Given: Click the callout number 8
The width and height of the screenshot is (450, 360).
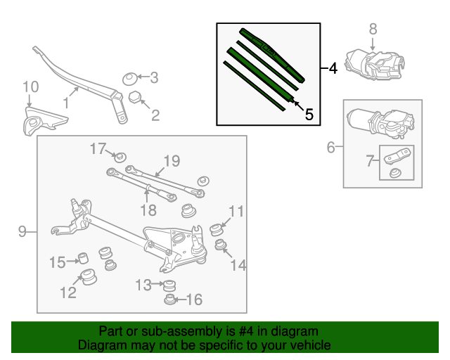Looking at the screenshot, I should click(373, 29).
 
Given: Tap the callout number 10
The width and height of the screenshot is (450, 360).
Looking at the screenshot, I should click(30, 87).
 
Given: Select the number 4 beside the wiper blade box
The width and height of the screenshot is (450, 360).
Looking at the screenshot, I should click(333, 68).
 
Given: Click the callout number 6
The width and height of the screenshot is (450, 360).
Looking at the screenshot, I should click(330, 148).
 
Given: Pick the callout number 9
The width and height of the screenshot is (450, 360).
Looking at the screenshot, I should click(21, 231).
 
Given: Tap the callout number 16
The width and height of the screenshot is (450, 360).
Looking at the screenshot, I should click(193, 300).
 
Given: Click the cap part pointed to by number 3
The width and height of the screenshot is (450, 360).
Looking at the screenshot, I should click(130, 77).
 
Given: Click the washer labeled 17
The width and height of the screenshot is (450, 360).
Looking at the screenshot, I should click(120, 155).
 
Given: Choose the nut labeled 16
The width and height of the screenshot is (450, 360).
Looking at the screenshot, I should click(170, 300).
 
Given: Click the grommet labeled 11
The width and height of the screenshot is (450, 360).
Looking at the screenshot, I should click(217, 230).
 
